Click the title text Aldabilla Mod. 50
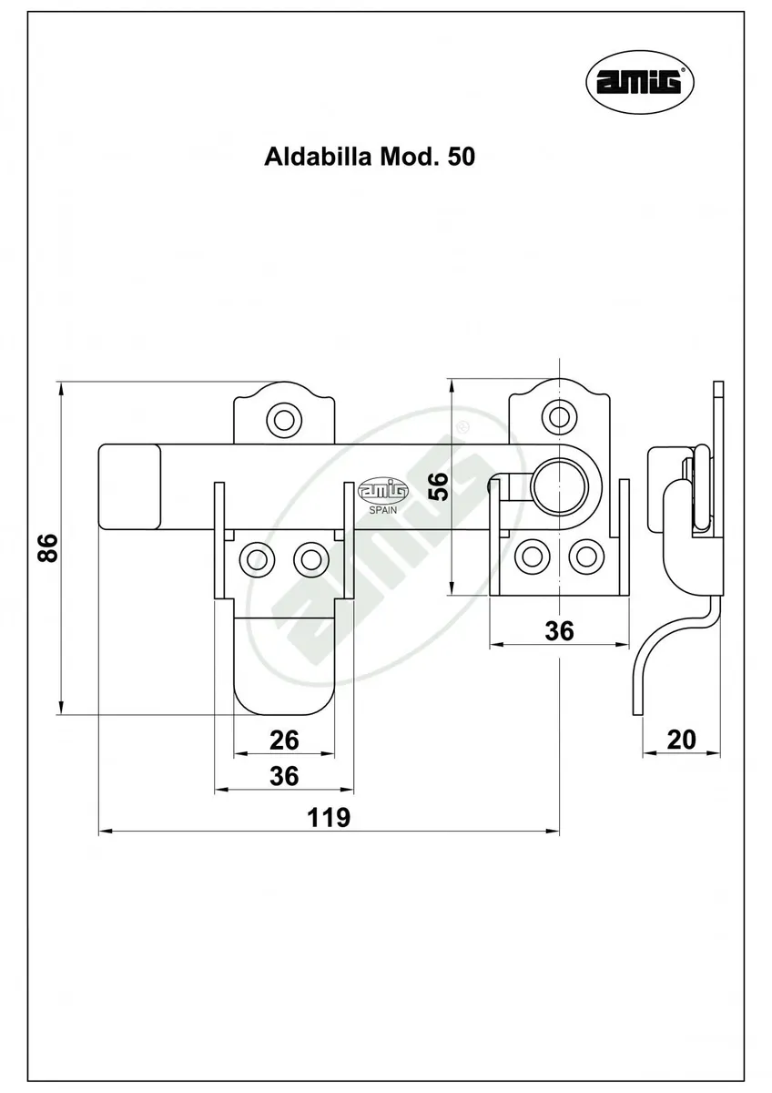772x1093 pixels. coord(369,157)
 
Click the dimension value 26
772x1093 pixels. coord(284,741)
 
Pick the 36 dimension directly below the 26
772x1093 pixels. coord(284,776)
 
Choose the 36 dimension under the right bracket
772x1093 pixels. coord(560,630)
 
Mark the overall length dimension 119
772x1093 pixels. coord(328,817)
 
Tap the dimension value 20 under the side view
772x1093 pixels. coord(681,739)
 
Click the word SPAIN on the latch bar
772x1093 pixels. coord(384,510)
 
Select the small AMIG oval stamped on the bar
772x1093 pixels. coord(384,490)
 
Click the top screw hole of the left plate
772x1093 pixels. coord(282,419)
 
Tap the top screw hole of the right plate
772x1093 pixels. coord(557,416)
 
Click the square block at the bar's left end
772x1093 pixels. coord(129,486)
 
